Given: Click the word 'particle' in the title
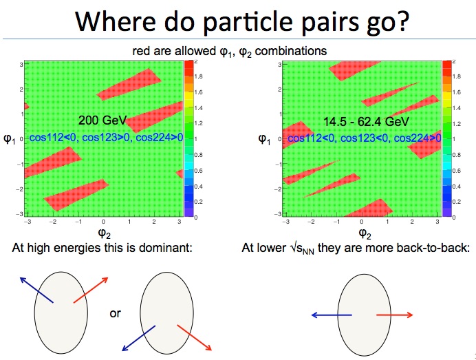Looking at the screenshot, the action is click(247, 22).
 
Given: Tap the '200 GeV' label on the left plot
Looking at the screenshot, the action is click(102, 120).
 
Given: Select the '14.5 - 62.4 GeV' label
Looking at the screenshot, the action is click(366, 122).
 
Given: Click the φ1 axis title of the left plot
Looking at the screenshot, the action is click(9, 139).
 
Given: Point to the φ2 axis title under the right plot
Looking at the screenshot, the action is click(365, 233).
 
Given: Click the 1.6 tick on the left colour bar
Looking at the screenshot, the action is click(198, 92).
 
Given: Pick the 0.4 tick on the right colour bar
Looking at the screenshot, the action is click(456, 187).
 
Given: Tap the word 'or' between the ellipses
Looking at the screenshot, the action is click(116, 313).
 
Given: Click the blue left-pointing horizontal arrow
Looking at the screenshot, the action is click(332, 315).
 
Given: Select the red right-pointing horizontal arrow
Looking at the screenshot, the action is click(395, 315).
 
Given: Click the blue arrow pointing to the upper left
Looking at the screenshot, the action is click(36, 290).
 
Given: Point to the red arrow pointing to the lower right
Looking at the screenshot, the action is click(194, 337).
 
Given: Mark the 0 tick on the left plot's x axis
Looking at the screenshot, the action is click(103, 222).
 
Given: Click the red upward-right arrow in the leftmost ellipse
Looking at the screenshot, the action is click(91, 290).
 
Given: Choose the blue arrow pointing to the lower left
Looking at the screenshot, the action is click(138, 338).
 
